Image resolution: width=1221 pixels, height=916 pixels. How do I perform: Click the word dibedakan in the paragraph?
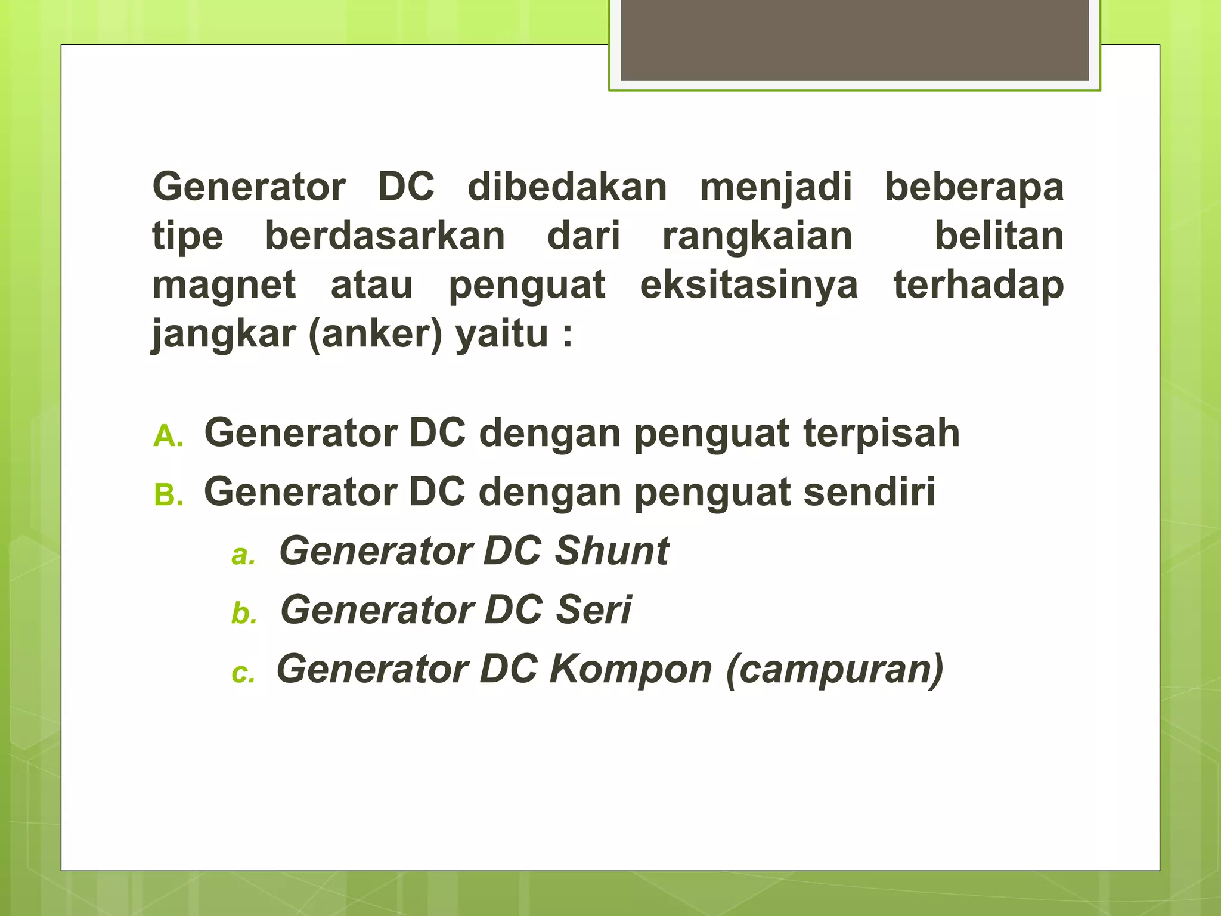pyautogui.click(x=567, y=187)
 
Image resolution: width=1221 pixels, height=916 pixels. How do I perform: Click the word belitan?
pyautogui.click(x=999, y=236)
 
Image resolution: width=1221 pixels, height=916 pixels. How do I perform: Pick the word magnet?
pyautogui.click(x=224, y=285)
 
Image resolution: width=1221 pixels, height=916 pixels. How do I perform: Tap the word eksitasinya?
pyautogui.click(x=749, y=285)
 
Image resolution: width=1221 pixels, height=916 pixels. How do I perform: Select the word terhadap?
pyautogui.click(x=978, y=285)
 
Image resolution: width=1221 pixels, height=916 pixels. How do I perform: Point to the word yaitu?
pyautogui.click(x=502, y=334)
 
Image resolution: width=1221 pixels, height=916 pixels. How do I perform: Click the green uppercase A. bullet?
pyautogui.click(x=168, y=437)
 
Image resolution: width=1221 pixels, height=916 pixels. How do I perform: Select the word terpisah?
pyautogui.click(x=881, y=434)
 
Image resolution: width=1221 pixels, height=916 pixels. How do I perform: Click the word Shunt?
pyautogui.click(x=612, y=550)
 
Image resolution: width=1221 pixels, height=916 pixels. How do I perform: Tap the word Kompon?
pyautogui.click(x=631, y=669)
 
